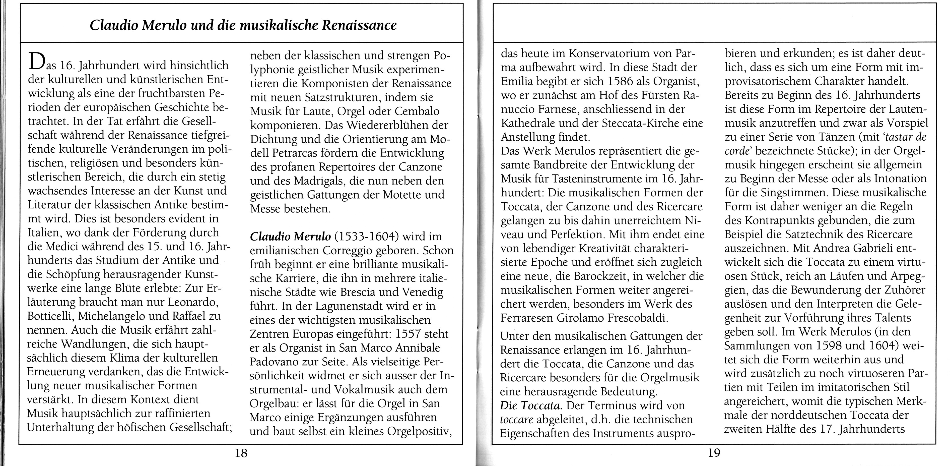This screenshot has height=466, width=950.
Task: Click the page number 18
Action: point(241,453)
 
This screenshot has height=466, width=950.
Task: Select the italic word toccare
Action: point(516,420)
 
